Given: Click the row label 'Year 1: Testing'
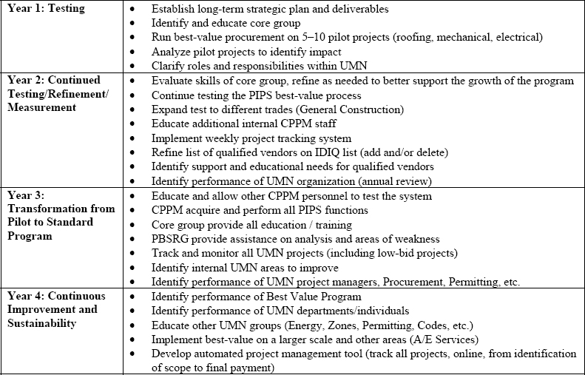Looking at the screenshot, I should [46, 9].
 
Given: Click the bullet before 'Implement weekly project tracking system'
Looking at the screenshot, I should [132, 138].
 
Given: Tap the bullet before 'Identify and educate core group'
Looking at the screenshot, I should [132, 23].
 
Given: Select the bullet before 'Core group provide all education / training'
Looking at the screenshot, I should [132, 224].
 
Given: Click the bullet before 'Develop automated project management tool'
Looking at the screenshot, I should [132, 354].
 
